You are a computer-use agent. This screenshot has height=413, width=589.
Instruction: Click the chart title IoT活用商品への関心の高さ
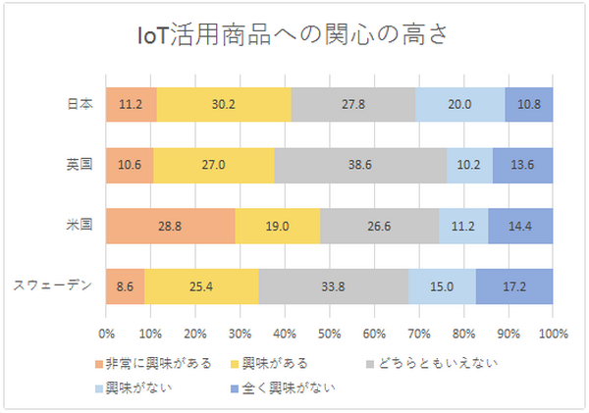294,36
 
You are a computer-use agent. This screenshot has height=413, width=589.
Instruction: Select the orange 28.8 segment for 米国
171,225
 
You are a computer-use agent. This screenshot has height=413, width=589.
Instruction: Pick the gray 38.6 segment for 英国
360,164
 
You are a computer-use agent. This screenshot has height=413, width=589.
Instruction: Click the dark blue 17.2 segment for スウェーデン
514,285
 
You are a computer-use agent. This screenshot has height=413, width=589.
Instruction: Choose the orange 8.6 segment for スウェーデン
125,285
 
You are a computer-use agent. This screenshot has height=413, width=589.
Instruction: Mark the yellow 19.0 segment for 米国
278,225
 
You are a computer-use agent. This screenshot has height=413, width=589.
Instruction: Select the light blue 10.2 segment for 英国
469,164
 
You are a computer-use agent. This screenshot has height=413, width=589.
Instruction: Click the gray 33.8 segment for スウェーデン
334,285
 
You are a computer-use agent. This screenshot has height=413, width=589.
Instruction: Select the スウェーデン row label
53,285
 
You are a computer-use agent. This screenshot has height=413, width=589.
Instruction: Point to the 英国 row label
79,164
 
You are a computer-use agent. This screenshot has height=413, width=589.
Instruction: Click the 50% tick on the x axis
330,332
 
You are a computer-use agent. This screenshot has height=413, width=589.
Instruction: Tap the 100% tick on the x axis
553,332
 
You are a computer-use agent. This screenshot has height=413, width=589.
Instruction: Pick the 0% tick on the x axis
107,332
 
